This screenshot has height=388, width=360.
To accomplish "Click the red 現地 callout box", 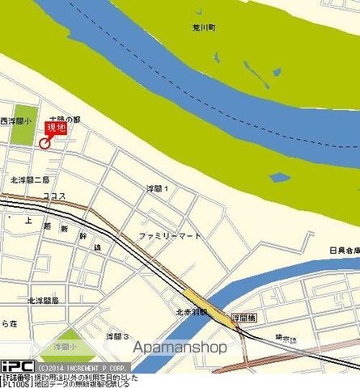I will (x=55, y=127).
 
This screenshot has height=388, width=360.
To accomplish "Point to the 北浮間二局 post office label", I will (x=30, y=179).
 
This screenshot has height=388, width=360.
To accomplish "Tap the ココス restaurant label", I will (x=55, y=196).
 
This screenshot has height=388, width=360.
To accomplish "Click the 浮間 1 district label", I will (x=156, y=188).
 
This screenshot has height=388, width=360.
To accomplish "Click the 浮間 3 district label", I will (x=118, y=335).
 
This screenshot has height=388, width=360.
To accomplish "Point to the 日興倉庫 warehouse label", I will (x=343, y=251).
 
